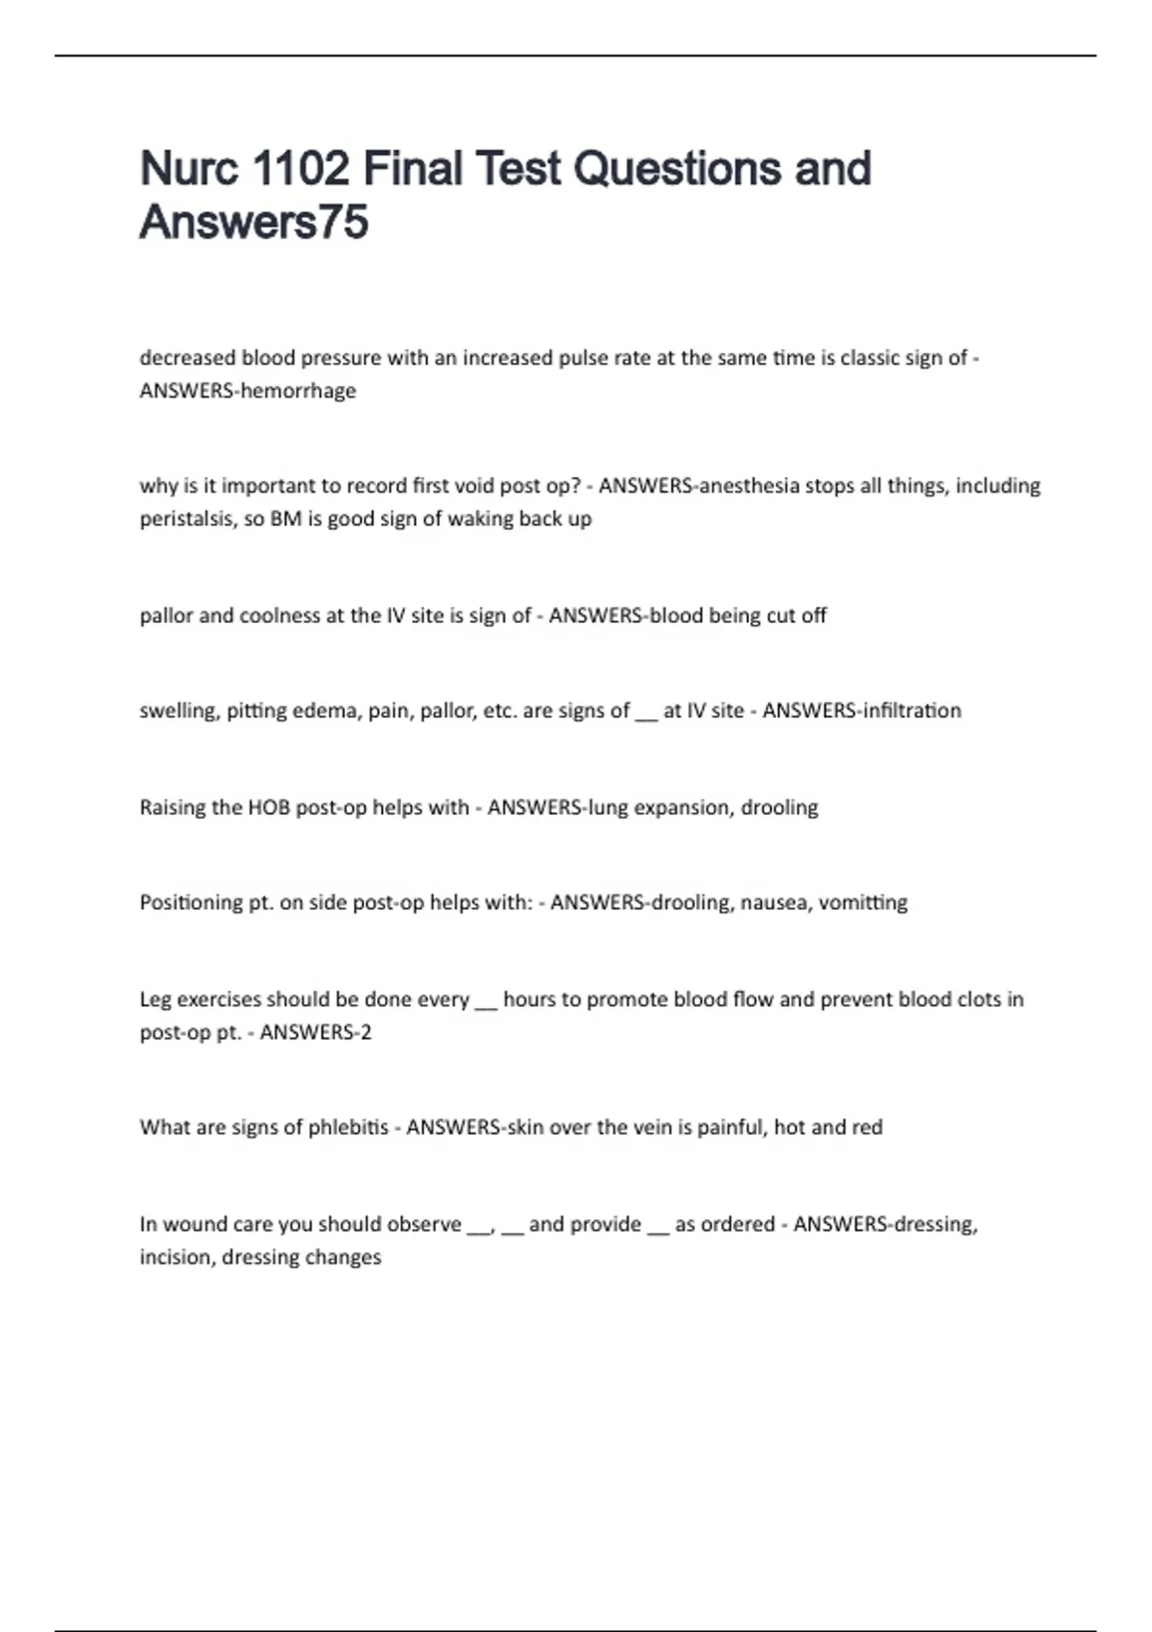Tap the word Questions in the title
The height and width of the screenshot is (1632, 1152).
pos(677,169)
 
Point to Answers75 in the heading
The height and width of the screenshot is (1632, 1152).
pos(254,223)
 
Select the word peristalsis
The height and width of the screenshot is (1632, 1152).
pos(188,519)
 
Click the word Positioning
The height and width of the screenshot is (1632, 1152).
pos(192,902)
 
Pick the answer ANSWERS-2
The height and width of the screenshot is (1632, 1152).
pos(316,1033)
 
